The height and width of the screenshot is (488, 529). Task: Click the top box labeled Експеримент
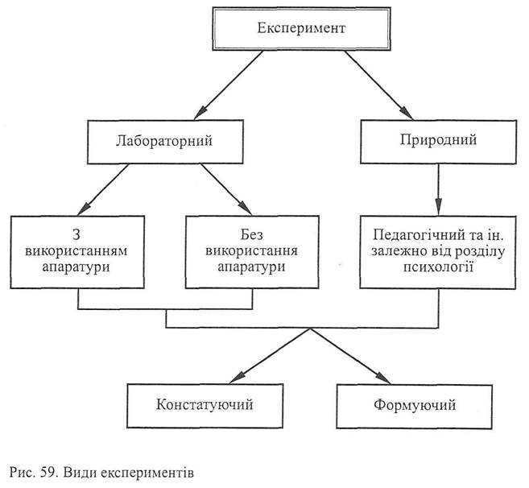click(x=300, y=30)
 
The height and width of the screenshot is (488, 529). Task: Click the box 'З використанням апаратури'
click(x=78, y=251)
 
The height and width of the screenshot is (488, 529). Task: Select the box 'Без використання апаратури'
click(x=252, y=251)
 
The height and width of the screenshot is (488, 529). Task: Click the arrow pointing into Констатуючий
click(x=265, y=355)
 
